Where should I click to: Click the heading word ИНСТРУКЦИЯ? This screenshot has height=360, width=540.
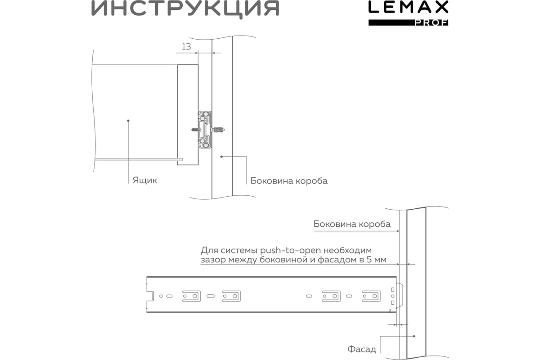[x=185, y=9]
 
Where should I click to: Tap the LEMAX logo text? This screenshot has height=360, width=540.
[x=408, y=7]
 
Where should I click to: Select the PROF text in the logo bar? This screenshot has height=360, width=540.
[x=431, y=23]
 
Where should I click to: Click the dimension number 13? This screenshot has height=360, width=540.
[x=186, y=46]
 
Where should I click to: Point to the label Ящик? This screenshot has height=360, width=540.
[x=144, y=180]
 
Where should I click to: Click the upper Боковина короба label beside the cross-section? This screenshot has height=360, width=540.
[x=289, y=181]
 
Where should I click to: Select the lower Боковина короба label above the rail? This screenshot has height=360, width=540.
[x=352, y=224]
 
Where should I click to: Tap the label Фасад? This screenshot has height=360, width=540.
[x=362, y=349]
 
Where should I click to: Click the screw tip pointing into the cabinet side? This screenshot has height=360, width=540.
[x=224, y=130]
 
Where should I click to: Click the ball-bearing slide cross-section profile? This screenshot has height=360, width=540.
[x=205, y=130]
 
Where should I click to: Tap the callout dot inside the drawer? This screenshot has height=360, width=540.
[x=128, y=121]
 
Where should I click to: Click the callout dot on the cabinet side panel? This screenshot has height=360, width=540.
[x=221, y=157]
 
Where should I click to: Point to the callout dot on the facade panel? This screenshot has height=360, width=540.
[x=414, y=336]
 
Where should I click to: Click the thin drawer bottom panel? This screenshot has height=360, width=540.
[x=139, y=159]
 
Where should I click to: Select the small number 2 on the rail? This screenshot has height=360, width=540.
[x=390, y=310]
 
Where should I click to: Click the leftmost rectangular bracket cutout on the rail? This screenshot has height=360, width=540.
[x=191, y=296]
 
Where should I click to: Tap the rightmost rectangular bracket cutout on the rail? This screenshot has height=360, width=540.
[x=371, y=296]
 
